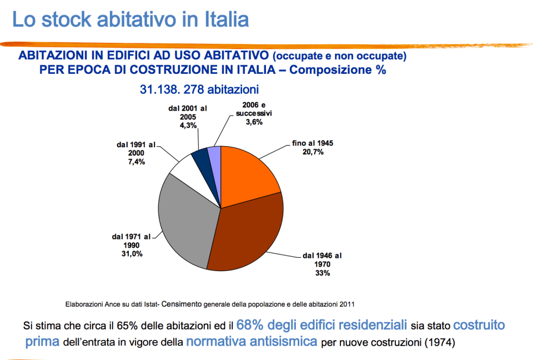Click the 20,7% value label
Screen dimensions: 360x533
pos(313,152)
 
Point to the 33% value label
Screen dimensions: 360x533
pos(323,273)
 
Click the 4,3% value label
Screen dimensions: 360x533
pos(188,126)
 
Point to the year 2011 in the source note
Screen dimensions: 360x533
pos(347,304)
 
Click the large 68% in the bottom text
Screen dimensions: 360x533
pos(249,325)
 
